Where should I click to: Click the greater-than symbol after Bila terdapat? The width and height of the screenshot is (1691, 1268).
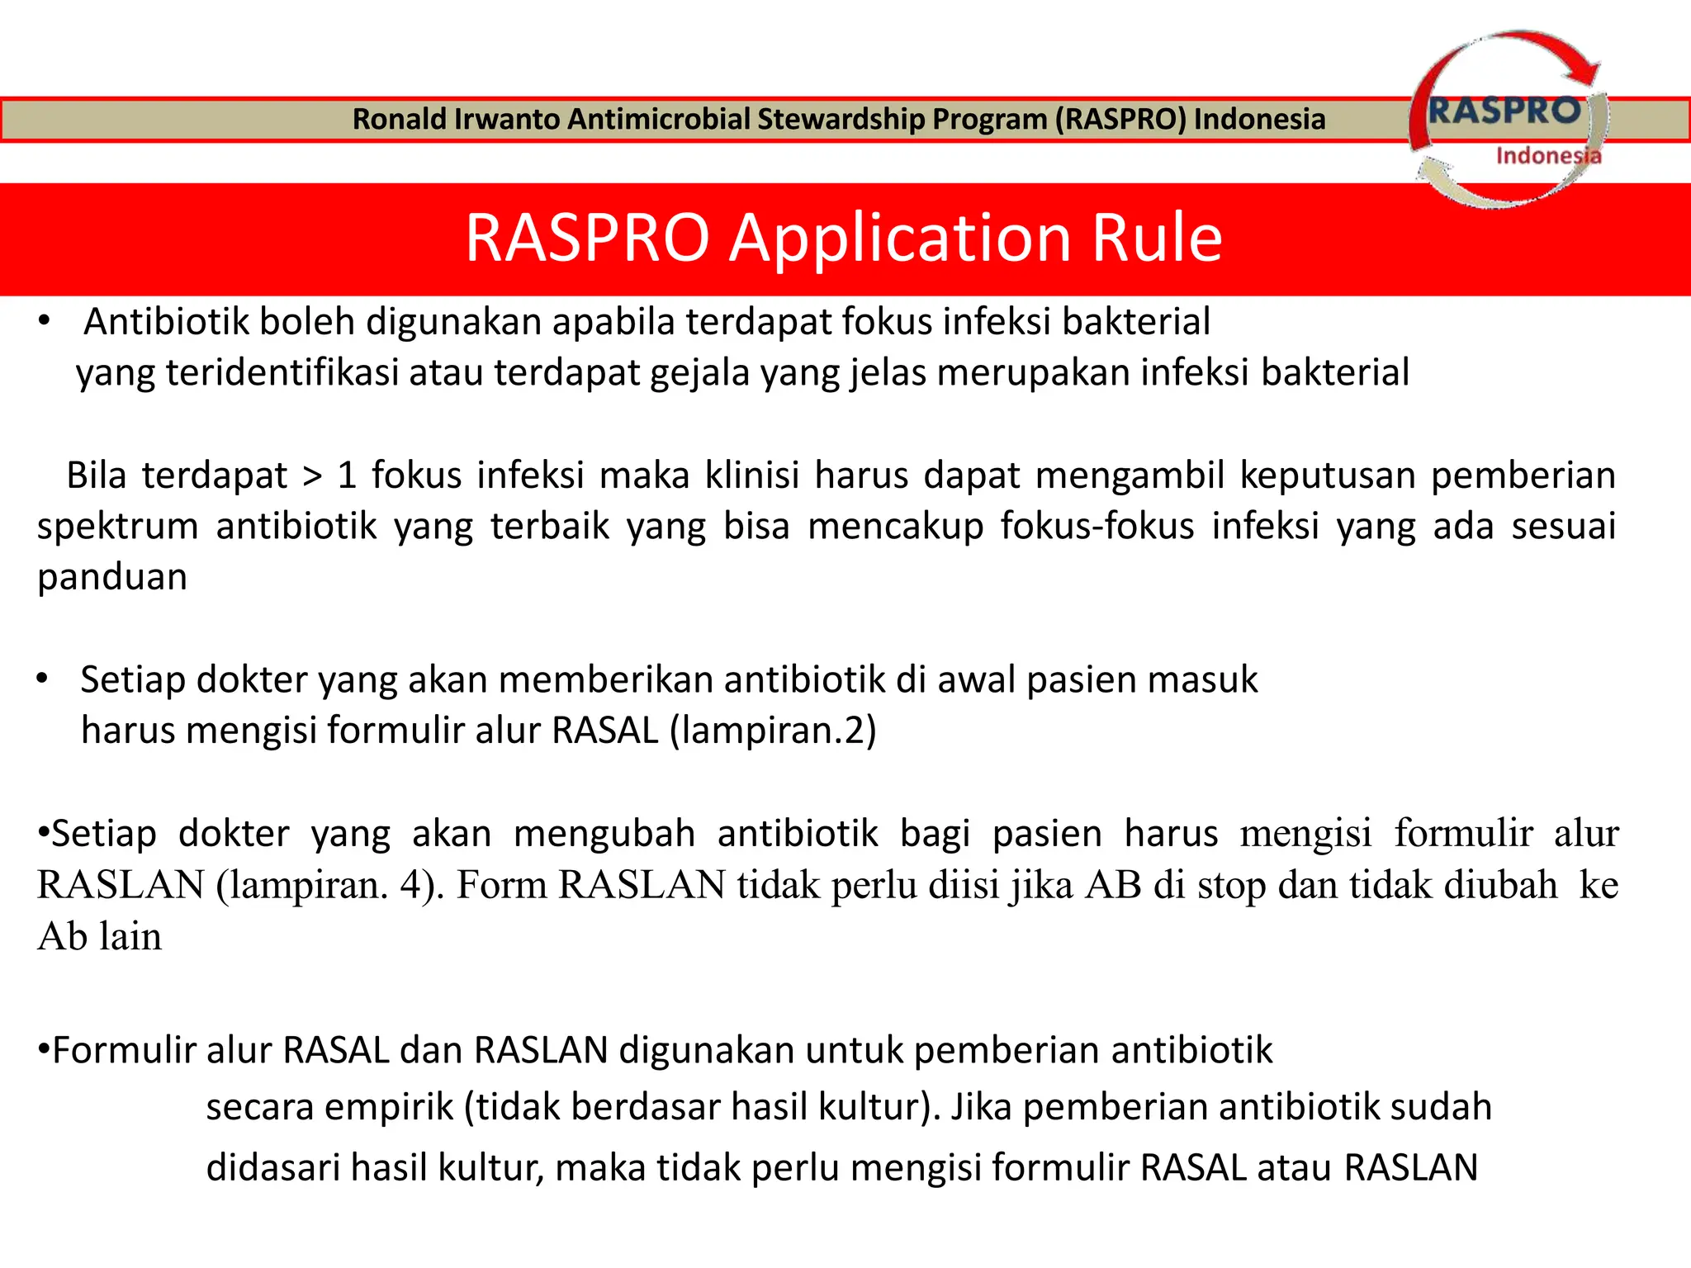point(312,476)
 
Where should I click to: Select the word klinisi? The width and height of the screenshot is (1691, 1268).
point(751,475)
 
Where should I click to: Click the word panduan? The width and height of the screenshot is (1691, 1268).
point(112,577)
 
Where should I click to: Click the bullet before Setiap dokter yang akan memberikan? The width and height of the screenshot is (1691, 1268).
point(42,679)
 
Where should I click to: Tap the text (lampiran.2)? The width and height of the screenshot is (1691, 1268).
point(773,730)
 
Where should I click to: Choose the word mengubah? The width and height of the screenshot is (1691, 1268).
point(604,834)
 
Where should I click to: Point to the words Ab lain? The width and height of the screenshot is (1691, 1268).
point(100,936)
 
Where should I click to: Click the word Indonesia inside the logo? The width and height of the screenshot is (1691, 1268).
point(1547,155)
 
